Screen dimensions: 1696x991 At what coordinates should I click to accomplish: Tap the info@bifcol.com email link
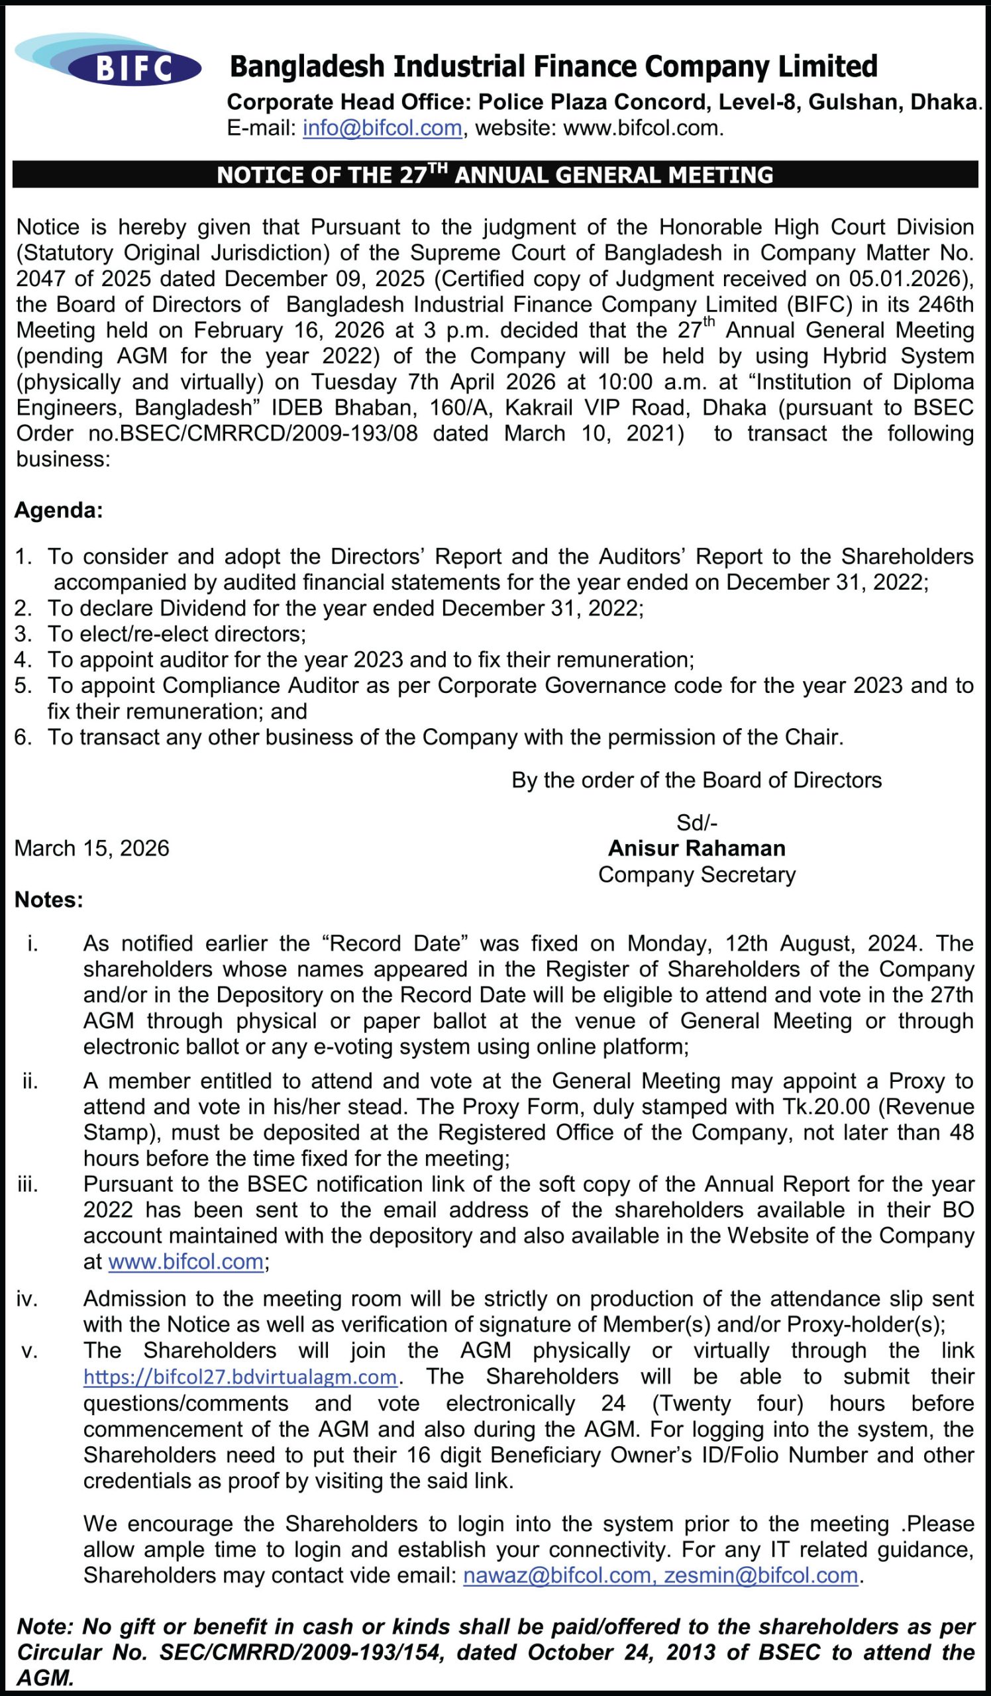pos(382,128)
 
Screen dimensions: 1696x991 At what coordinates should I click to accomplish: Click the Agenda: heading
pos(58,510)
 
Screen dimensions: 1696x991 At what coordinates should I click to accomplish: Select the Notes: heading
pos(48,900)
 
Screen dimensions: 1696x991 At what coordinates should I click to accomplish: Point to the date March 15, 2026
pos(91,848)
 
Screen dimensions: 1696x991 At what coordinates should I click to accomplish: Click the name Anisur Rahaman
pos(696,848)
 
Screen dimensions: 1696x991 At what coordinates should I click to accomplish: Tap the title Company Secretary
pos(696,874)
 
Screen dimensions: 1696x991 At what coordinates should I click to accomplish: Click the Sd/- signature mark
pos(696,822)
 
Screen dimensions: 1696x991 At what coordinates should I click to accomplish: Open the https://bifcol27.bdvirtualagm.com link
pos(240,1377)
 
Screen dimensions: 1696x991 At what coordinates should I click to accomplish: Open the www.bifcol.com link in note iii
pos(185,1261)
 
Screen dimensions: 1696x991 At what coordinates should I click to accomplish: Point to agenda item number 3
pos(23,634)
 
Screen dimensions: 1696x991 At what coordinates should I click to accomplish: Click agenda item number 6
pos(23,737)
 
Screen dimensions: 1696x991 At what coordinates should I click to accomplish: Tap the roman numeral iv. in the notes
pos(27,1299)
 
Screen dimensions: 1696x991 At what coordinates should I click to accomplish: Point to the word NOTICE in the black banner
pos(251,175)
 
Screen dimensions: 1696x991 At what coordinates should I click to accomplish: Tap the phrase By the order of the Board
pos(696,780)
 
